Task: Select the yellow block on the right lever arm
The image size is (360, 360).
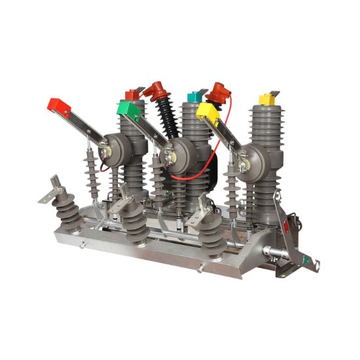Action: click(208, 113)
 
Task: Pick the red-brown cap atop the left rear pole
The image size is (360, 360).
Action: click(132, 95)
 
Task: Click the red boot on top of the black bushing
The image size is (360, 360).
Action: click(155, 90)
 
